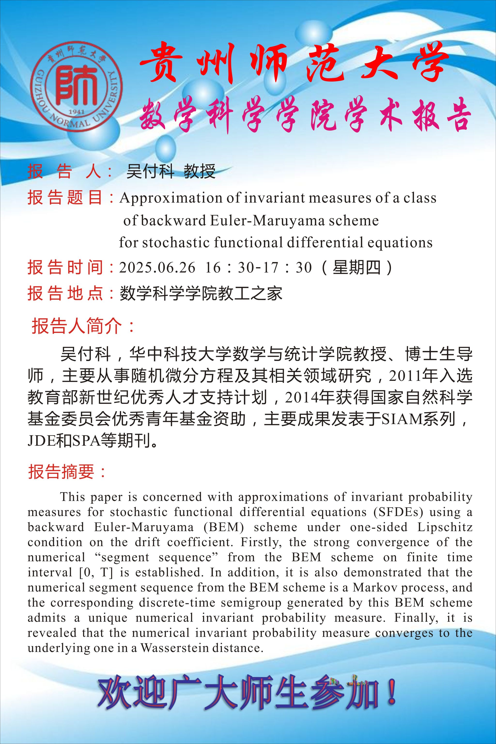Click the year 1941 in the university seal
coord(76,112)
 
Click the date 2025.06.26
coord(157,268)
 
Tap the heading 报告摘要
coord(62,472)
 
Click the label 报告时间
coord(65,268)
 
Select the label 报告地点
coord(65,293)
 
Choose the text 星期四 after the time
coord(356,268)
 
